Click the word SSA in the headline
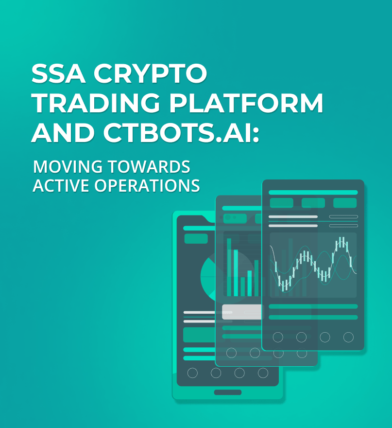point(57,74)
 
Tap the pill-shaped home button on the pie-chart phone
point(227,392)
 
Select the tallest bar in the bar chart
point(229,267)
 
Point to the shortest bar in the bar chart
point(243,286)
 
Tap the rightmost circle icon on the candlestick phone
point(348,337)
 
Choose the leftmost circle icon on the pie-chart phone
point(192,373)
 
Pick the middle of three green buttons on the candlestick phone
point(313,203)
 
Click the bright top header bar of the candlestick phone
point(313,193)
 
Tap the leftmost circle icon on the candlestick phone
point(278,337)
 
